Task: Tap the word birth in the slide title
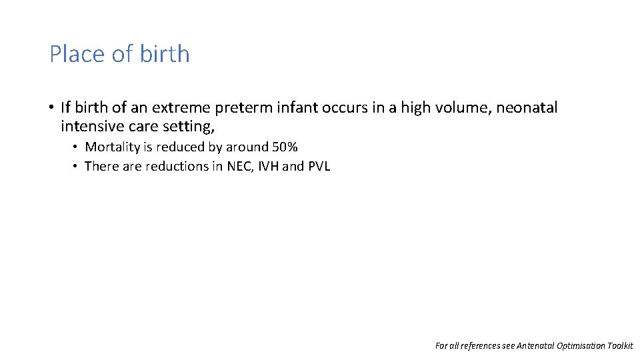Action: (x=165, y=54)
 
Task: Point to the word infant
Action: (x=288, y=107)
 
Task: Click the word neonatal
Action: (x=529, y=107)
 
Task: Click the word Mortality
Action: (x=113, y=147)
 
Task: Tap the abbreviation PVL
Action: (x=319, y=166)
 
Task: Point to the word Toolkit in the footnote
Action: (x=619, y=345)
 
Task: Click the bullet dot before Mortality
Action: (x=77, y=147)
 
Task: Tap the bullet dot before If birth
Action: (x=51, y=107)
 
